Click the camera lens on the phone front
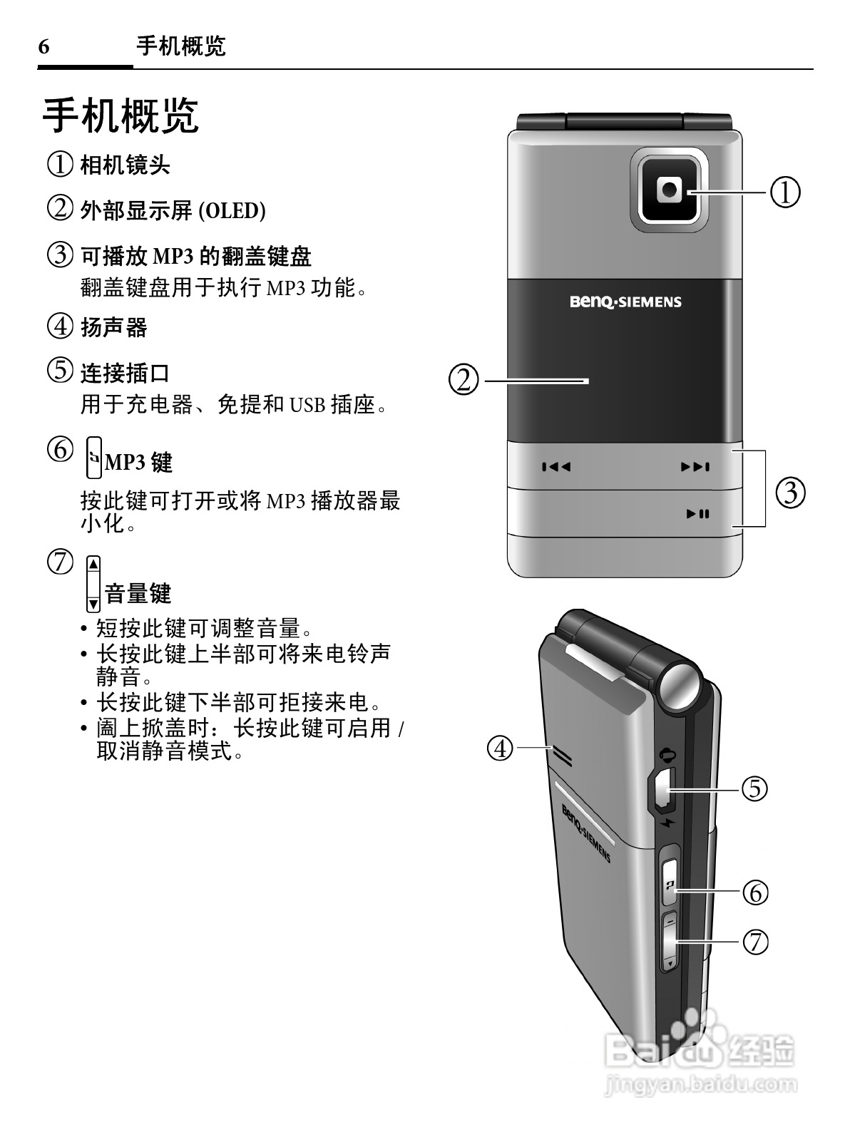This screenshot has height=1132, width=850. (670, 189)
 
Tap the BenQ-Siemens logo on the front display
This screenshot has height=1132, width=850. (625, 302)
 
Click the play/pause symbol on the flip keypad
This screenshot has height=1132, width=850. (697, 513)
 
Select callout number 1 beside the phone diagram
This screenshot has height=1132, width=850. (786, 192)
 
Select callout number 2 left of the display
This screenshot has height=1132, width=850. (464, 380)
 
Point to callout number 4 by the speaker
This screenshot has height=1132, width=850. (501, 748)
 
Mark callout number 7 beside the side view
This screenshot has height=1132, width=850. (756, 942)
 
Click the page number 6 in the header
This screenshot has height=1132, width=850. (44, 48)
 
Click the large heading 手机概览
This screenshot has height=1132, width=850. (121, 115)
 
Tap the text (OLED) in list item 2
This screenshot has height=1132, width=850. (231, 211)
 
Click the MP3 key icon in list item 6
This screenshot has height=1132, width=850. (93, 458)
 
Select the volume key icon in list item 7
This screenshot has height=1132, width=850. (93, 584)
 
